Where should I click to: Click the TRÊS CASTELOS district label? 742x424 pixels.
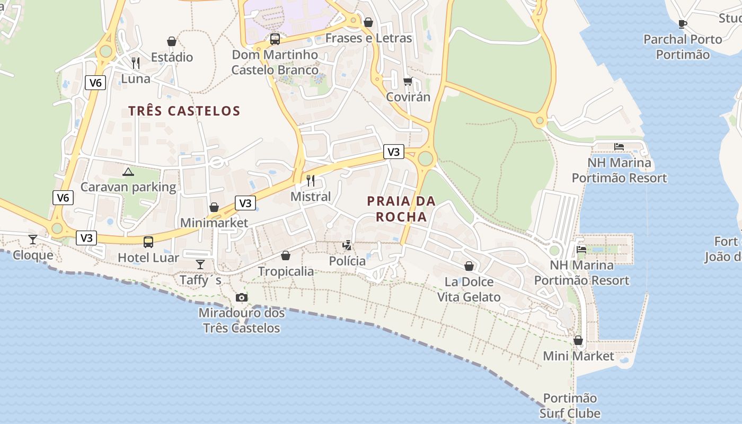[184, 111]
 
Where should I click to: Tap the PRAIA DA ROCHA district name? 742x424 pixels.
[401, 209]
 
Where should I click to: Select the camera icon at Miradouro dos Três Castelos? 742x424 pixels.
[242, 298]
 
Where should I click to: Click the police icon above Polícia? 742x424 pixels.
[347, 245]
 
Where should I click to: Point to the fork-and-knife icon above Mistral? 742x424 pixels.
[311, 181]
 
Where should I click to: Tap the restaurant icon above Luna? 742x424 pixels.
[136, 63]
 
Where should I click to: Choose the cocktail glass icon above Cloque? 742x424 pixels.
[33, 240]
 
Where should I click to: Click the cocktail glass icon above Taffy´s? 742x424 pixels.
[200, 264]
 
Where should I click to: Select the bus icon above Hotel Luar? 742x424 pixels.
[148, 242]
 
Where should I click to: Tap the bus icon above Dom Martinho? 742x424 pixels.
[275, 39]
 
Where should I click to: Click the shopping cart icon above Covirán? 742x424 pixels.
[408, 82]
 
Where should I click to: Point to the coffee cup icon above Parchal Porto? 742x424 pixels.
[683, 24]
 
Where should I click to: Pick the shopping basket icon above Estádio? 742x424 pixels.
[172, 41]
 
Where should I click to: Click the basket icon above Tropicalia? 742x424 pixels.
[286, 256]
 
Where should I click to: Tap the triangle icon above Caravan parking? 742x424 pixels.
[128, 172]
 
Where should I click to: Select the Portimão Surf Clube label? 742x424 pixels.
[570, 406]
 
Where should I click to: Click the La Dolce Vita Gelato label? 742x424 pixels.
[469, 289]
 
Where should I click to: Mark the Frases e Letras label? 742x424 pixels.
[368, 38]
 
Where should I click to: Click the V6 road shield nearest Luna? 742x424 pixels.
[95, 83]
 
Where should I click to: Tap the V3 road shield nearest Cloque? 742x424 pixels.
[86, 238]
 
